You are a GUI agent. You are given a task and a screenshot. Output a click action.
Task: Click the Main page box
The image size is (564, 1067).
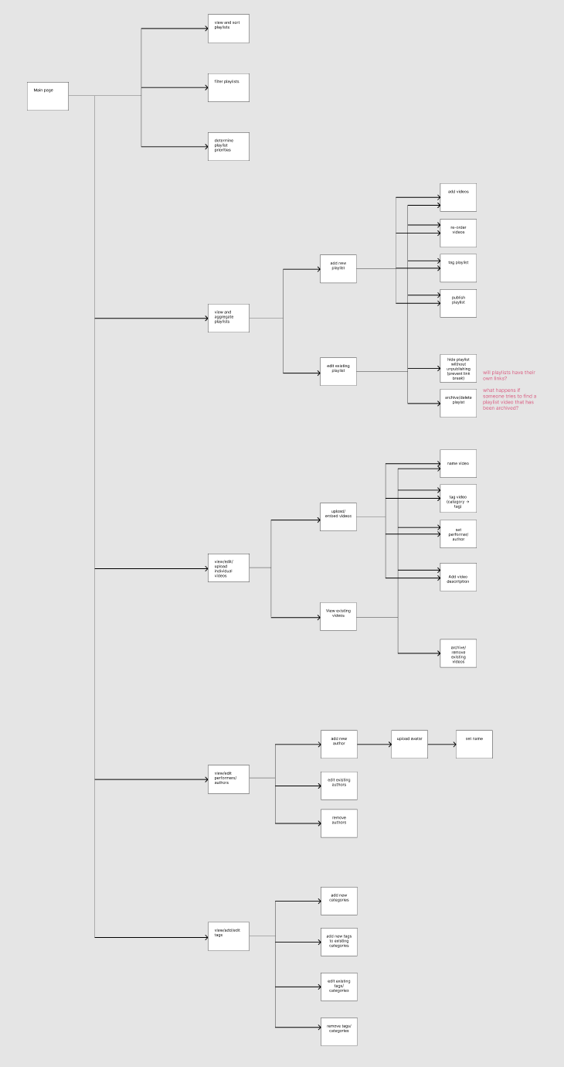[x=48, y=96]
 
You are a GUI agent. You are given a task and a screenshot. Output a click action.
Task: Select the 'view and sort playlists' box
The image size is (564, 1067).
[x=229, y=29]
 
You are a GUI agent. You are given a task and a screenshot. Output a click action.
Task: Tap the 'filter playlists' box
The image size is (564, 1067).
[x=229, y=87]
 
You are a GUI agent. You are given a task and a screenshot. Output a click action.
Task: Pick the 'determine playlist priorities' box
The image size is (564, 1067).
[x=229, y=146]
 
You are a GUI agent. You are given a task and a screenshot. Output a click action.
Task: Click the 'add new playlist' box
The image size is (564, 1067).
[x=338, y=268]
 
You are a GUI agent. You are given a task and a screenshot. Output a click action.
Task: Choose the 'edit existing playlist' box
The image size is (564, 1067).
[x=338, y=371]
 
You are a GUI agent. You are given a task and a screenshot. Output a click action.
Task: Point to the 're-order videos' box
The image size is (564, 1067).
[x=458, y=233]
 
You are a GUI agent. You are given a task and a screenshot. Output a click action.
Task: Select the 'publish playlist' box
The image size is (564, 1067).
[x=458, y=303]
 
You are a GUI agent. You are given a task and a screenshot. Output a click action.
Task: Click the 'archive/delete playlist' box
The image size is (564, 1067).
[x=458, y=403]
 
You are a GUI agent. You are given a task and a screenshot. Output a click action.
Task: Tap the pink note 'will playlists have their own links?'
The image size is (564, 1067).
[x=509, y=376]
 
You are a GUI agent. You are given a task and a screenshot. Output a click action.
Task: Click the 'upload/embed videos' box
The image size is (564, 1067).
[x=338, y=516]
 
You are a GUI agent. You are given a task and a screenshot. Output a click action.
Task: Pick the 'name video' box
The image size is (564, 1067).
[x=458, y=463]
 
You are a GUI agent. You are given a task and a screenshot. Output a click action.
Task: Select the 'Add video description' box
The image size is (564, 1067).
[x=458, y=577]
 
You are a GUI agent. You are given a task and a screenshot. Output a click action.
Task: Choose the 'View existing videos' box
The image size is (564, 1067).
[x=338, y=616]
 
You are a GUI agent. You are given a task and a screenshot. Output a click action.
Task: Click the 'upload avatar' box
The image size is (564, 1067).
[x=409, y=744]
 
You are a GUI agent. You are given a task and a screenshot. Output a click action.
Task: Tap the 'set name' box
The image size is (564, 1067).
[x=474, y=744]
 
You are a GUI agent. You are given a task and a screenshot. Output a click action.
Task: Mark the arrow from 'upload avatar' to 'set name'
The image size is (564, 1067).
[x=441, y=745]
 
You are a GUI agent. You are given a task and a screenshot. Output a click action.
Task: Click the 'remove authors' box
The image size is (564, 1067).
[x=339, y=823]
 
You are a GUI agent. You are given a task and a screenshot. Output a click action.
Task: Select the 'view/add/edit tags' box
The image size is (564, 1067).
[x=229, y=936]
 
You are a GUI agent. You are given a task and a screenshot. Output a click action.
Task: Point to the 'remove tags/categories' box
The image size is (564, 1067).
[x=339, y=1031]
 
